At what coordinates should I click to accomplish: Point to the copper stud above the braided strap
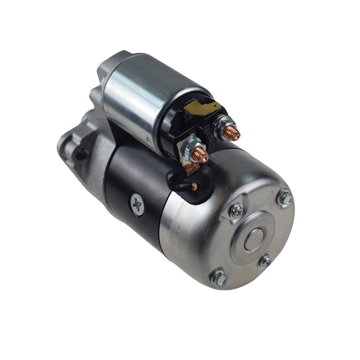(x=200, y=155)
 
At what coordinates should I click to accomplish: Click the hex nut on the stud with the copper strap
(x=190, y=148)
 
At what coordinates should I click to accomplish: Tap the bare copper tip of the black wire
(x=194, y=186)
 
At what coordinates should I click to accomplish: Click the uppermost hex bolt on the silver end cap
(x=284, y=197)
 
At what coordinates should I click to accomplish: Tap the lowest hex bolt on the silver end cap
(x=218, y=278)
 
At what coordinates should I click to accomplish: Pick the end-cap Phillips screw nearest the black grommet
(x=236, y=211)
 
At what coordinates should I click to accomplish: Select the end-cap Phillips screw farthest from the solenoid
(x=265, y=261)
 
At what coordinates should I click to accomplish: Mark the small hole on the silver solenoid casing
(x=149, y=140)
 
